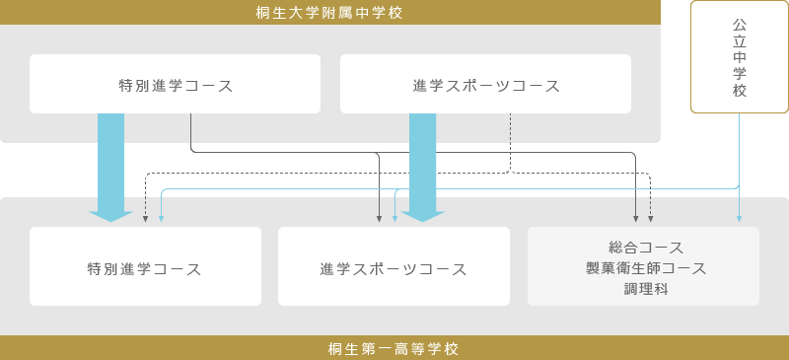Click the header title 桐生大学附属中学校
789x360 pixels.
click(x=329, y=12)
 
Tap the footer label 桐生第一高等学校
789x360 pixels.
click(x=394, y=348)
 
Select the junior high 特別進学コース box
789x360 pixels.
click(x=175, y=85)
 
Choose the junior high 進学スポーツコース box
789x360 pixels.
click(x=485, y=85)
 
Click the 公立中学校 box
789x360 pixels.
click(x=740, y=56)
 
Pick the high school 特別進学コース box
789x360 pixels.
click(x=145, y=268)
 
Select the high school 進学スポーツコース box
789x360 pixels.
click(x=394, y=268)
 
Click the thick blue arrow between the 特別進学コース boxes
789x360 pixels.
click(x=111, y=163)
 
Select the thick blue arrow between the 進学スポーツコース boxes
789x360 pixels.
click(x=422, y=163)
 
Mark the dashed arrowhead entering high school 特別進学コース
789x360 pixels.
click(x=145, y=218)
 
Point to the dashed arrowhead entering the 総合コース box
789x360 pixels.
click(x=651, y=218)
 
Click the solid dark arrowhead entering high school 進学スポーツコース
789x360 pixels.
click(x=380, y=218)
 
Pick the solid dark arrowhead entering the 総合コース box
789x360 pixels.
click(x=636, y=218)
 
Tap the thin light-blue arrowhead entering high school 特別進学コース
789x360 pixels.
click(x=161, y=218)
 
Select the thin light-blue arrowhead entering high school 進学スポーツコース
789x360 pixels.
click(x=395, y=218)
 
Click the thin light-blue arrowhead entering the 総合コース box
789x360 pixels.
click(x=739, y=218)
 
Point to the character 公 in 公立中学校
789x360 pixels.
click(x=740, y=23)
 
